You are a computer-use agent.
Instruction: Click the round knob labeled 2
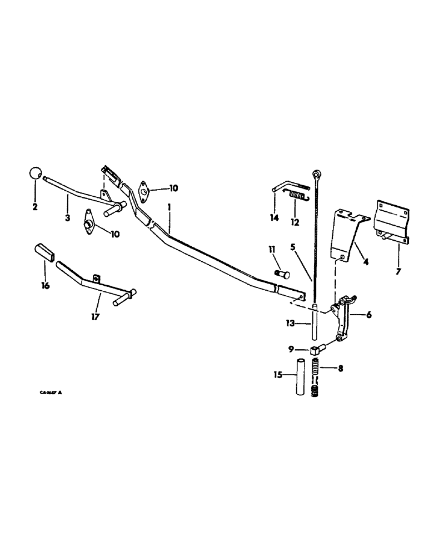[x=36, y=173]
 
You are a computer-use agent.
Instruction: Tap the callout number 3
[x=67, y=218]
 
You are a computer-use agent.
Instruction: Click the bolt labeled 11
[x=282, y=274]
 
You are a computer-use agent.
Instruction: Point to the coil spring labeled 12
[x=296, y=196]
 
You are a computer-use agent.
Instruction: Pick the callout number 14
[x=274, y=218]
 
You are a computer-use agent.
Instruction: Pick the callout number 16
[x=45, y=286]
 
